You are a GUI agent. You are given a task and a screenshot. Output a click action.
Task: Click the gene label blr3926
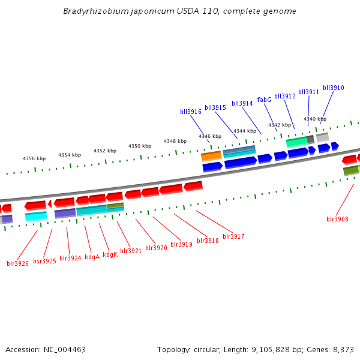[x=17, y=263]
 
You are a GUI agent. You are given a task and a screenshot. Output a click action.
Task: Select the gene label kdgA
[x=92, y=257]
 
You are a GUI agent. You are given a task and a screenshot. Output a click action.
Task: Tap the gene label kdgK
[x=110, y=254]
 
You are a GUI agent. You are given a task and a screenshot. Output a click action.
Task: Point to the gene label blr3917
[x=233, y=236]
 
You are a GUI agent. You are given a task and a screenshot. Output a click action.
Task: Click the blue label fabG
[x=264, y=100]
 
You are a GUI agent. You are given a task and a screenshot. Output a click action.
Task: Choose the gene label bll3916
[x=191, y=112]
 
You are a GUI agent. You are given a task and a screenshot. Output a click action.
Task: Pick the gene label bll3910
[x=334, y=88]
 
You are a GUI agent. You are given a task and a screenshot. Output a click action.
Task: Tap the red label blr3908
[x=337, y=219]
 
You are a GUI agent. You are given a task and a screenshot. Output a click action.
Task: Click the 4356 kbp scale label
[x=34, y=158]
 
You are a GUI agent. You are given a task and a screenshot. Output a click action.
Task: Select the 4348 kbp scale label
[x=175, y=141]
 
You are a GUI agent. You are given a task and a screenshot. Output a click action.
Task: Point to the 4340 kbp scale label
[x=315, y=119]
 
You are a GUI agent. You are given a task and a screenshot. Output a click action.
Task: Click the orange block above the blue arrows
[x=211, y=155]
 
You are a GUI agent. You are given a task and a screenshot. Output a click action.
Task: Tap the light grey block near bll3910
[x=322, y=137]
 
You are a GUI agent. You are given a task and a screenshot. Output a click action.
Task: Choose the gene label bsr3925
[x=44, y=261]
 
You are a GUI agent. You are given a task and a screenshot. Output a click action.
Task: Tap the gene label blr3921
[x=131, y=251]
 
